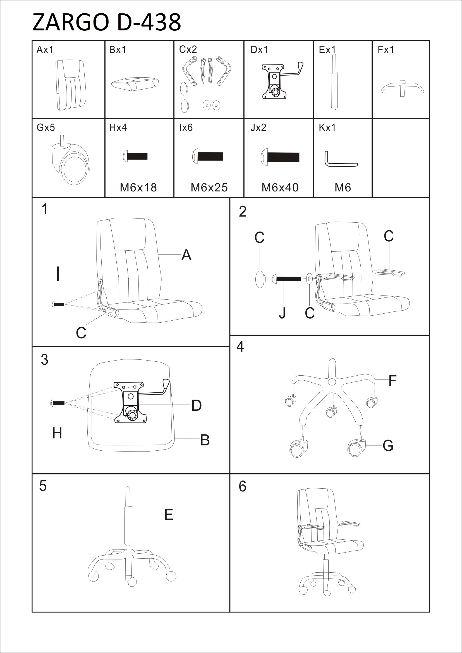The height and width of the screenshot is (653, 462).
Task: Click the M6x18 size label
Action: tap(138, 188)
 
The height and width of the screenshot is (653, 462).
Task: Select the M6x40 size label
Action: tap(280, 188)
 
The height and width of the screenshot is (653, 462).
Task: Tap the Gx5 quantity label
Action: tap(46, 128)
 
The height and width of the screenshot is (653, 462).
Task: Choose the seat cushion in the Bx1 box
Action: tap(135, 83)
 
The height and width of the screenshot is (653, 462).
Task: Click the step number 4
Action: tap(240, 347)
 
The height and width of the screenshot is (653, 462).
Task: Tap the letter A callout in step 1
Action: tap(186, 255)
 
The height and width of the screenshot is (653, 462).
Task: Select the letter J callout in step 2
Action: tap(282, 313)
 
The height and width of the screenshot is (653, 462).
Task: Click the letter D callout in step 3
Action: tap(196, 405)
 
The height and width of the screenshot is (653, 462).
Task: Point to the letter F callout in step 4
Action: tap(392, 381)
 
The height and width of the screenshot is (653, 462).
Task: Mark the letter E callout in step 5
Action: tap(169, 515)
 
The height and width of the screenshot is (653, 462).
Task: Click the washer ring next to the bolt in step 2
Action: tap(310, 279)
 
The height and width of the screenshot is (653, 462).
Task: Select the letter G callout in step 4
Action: tap(388, 446)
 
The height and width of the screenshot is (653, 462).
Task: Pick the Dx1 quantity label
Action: tap(259, 50)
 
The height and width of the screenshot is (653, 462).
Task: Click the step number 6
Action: tap(242, 486)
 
